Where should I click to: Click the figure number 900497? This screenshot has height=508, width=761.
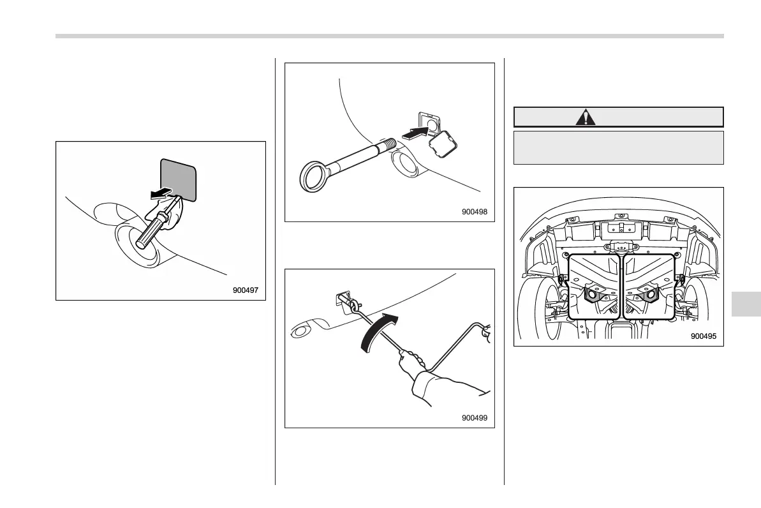tap(245, 290)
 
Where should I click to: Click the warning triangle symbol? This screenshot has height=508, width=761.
tap(585, 117)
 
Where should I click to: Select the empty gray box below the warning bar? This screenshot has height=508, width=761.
tap(618, 147)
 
